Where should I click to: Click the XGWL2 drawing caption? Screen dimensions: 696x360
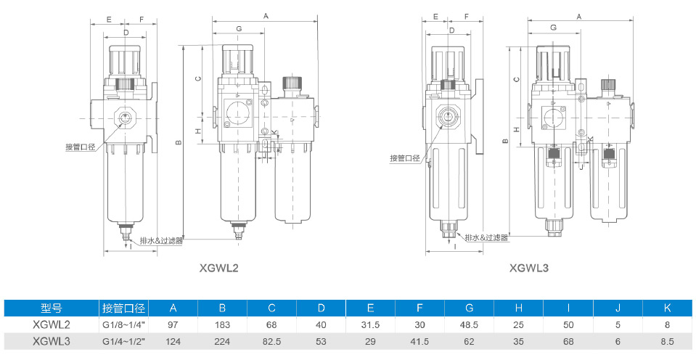[x=219, y=268]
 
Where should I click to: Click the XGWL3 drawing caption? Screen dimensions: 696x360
[x=528, y=268]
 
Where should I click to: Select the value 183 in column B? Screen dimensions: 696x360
[x=222, y=325]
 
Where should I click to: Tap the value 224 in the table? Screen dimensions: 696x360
[x=222, y=342]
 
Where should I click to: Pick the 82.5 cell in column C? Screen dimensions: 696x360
[x=271, y=342]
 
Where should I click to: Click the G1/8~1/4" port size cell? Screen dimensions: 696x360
[x=124, y=325]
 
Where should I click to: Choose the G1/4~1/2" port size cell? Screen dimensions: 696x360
[x=124, y=342]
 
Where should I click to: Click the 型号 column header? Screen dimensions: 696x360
[x=52, y=308]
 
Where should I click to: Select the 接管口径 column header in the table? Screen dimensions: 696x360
[x=124, y=308]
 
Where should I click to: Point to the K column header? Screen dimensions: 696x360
[x=667, y=308]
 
